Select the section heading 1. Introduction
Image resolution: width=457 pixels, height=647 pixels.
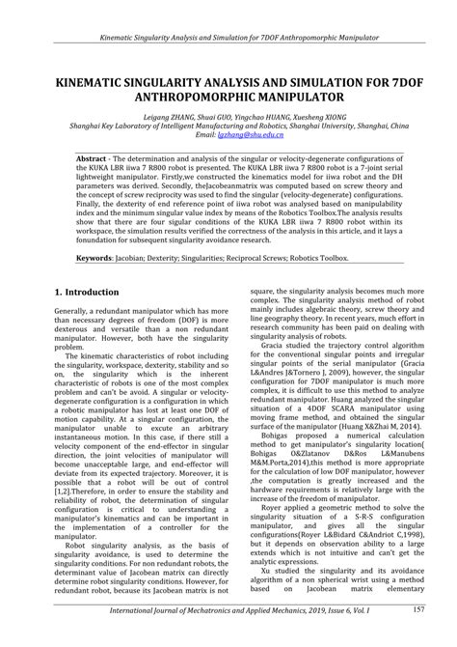click(89, 291)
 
